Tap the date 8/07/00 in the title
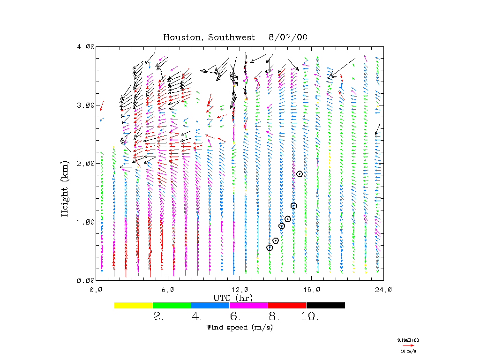coord(288,37)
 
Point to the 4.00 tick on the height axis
coord(86,47)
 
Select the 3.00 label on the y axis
coord(86,105)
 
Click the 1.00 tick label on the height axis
coord(86,222)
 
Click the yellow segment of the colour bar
coord(134,305)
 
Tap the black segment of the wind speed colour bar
coord(326,305)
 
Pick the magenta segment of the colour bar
coord(249,305)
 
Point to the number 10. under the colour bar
coord(310,317)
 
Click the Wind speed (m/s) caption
coord(240,327)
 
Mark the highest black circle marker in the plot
coord(300,174)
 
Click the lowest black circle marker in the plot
coord(270,247)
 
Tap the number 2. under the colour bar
coord(158,317)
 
